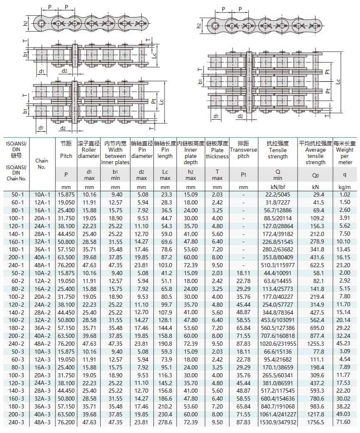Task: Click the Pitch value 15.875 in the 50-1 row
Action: [x=66, y=194]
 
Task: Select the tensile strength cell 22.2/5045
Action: [x=278, y=194]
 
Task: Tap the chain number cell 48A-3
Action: [x=42, y=422]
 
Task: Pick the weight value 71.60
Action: [x=345, y=422]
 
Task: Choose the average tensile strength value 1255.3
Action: [x=316, y=343]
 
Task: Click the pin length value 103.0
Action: [x=165, y=266]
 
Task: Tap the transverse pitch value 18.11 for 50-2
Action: [x=244, y=273]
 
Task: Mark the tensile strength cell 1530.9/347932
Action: [x=278, y=422]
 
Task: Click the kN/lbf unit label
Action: [x=278, y=187]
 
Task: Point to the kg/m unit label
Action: [x=345, y=187]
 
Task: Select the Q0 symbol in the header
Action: [x=316, y=175]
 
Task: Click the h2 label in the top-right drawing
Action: [x=199, y=26]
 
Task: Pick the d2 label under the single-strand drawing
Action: [x=64, y=71]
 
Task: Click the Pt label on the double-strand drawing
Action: [x=154, y=101]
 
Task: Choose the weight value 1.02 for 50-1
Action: [x=345, y=194]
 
